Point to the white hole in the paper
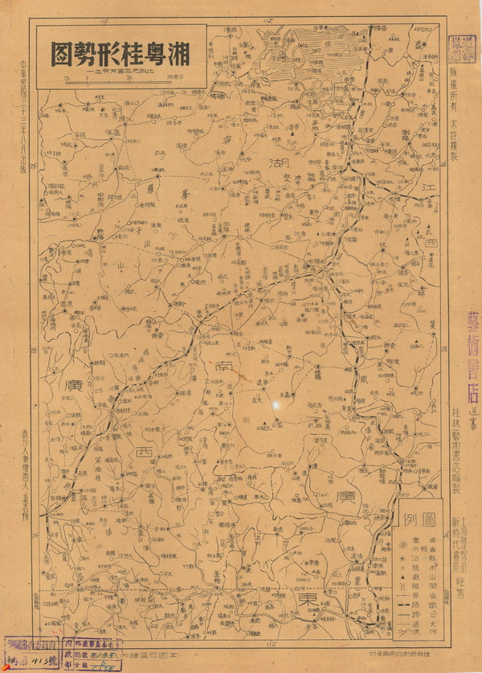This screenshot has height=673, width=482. [276, 405]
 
